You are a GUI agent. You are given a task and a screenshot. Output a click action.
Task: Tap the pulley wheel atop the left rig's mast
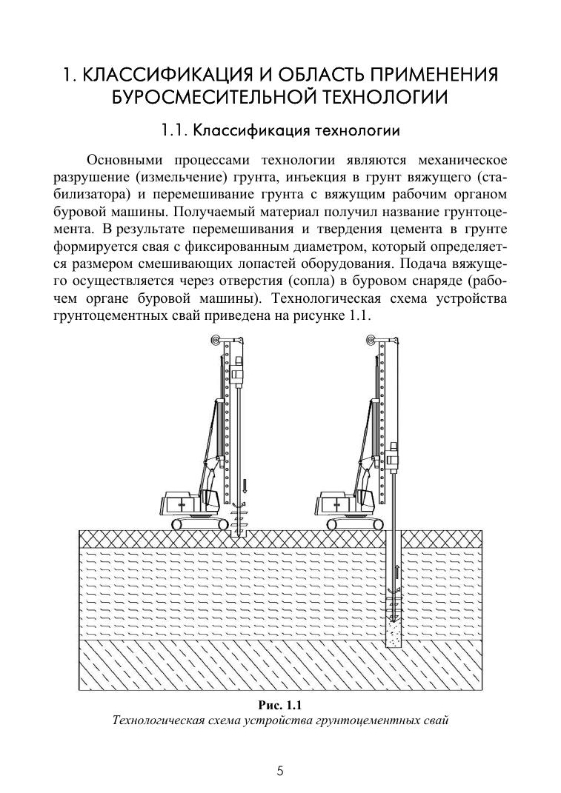(216, 341)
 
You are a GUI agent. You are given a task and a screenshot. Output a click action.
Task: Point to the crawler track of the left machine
(200, 523)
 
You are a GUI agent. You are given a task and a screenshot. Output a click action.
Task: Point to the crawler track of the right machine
(354, 523)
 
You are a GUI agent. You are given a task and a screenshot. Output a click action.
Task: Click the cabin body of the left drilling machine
(182, 503)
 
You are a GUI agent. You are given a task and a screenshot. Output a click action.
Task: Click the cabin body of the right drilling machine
(336, 503)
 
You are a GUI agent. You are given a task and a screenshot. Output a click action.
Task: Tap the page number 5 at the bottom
(280, 771)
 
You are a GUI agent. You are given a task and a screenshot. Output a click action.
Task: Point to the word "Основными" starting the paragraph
(124, 160)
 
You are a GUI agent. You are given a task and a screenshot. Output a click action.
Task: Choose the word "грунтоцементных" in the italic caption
(373, 720)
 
